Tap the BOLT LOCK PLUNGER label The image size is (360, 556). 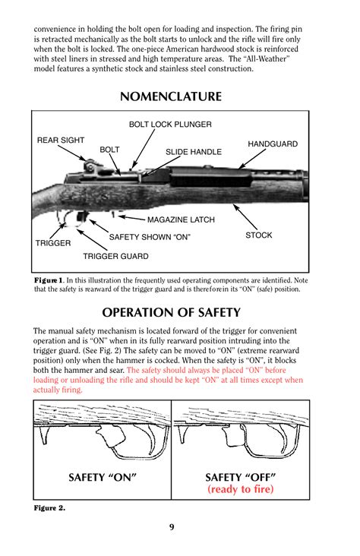pyautogui.click(x=170, y=124)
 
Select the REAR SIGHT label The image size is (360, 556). pyautogui.click(x=61, y=140)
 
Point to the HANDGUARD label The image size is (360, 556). pyautogui.click(x=273, y=144)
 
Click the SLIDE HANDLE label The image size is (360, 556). pyautogui.click(x=194, y=152)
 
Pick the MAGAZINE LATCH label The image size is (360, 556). pyautogui.click(x=181, y=220)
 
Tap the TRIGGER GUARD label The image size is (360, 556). pyautogui.click(x=115, y=256)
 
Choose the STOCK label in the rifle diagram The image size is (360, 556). pyautogui.click(x=258, y=235)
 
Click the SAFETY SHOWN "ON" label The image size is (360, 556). pyautogui.click(x=150, y=237)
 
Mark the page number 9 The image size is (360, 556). pyautogui.click(x=172, y=528)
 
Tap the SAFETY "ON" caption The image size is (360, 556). pyautogui.click(x=103, y=477)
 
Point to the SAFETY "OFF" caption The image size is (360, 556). pyautogui.click(x=240, y=477)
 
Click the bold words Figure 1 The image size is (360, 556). pyautogui.click(x=49, y=280)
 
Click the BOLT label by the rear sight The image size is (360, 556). pyautogui.click(x=110, y=150)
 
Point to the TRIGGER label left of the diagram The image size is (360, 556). pyautogui.click(x=53, y=243)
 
